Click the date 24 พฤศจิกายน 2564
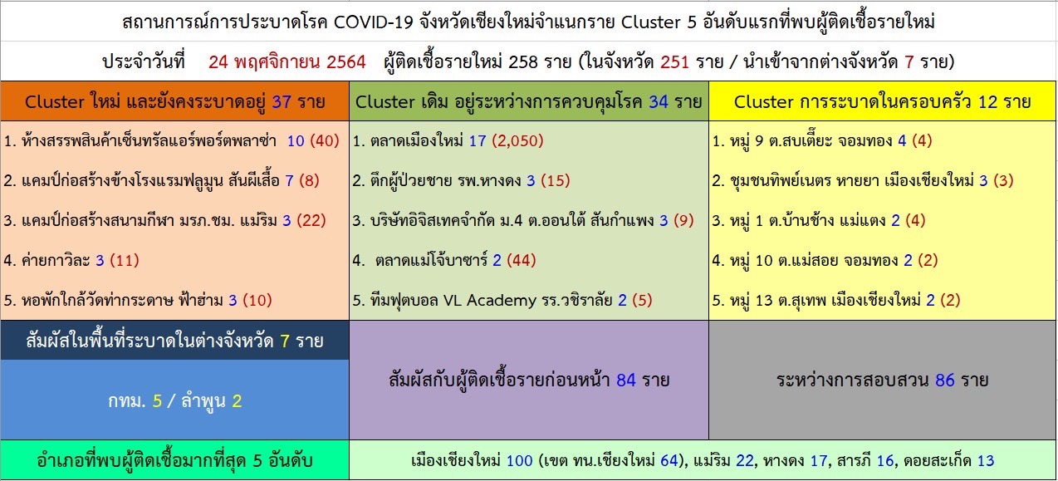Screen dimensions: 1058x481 pyautogui.click(x=287, y=62)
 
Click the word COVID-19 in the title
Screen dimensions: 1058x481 pyautogui.click(x=374, y=22)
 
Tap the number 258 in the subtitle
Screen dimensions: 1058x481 pyautogui.click(x=523, y=62)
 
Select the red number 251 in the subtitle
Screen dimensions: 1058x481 pyautogui.click(x=674, y=62)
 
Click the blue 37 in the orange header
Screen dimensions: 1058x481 pyautogui.click(x=282, y=101)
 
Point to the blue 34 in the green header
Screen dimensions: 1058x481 pyautogui.click(x=659, y=101)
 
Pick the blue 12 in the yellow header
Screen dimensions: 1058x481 pyautogui.click(x=987, y=101)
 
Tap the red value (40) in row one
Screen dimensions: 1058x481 pyautogui.click(x=325, y=140)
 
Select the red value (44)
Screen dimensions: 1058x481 pyautogui.click(x=521, y=260)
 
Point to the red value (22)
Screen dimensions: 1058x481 pyautogui.click(x=311, y=221)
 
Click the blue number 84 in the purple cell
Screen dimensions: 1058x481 pyautogui.click(x=626, y=380)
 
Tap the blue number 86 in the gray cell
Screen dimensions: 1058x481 pyautogui.click(x=945, y=380)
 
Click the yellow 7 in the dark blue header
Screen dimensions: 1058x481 pyautogui.click(x=285, y=341)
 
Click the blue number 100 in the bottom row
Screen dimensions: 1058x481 pyautogui.click(x=520, y=461)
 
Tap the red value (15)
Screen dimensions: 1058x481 pyautogui.click(x=556, y=180)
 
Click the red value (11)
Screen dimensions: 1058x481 pyautogui.click(x=125, y=260)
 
